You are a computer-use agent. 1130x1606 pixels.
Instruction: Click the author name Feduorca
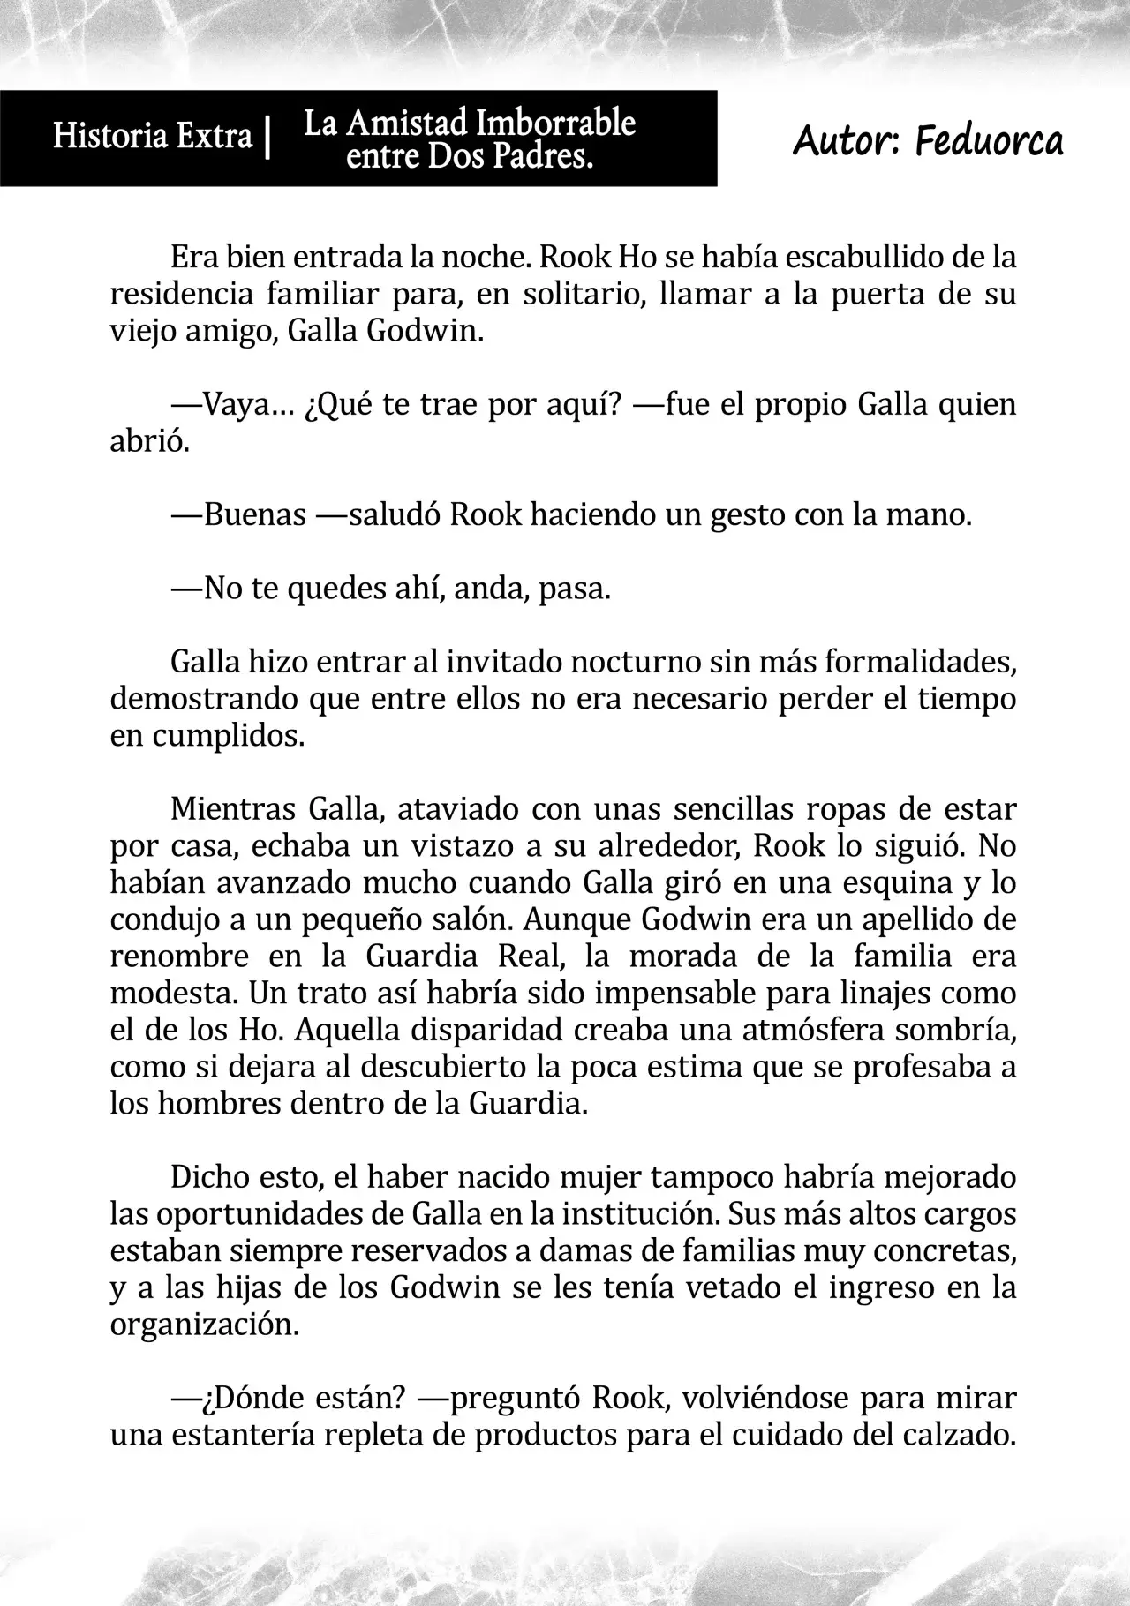tap(989, 140)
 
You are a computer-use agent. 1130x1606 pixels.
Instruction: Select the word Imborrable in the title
tap(555, 124)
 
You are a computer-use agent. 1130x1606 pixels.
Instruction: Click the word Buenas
tap(255, 514)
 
